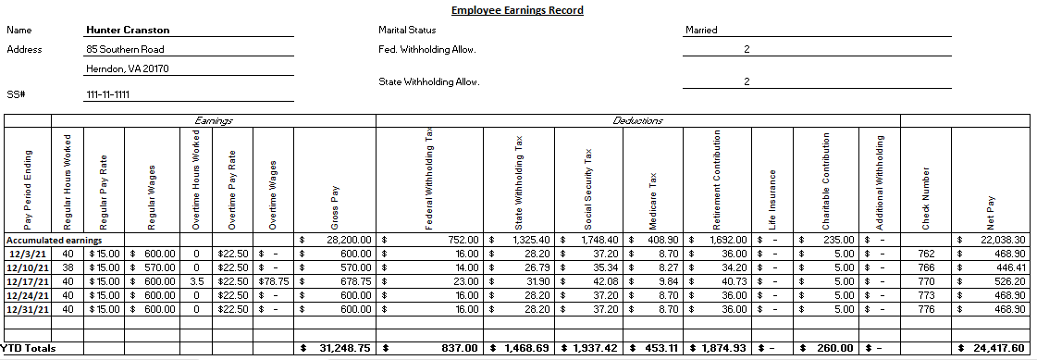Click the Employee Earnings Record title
point(517,11)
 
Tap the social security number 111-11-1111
point(107,94)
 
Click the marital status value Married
point(701,30)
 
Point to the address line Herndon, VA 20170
point(128,68)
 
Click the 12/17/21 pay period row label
point(27,281)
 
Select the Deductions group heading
point(637,120)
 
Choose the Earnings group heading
point(213,120)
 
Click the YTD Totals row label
point(29,348)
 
